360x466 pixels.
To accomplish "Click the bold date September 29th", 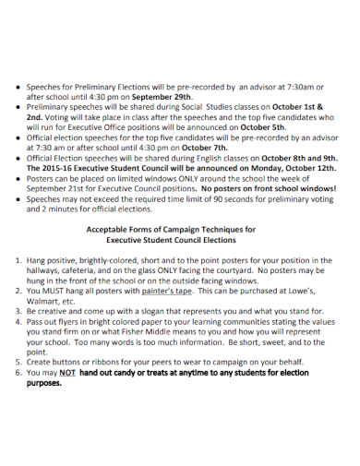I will pyautogui.click(x=162, y=96).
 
